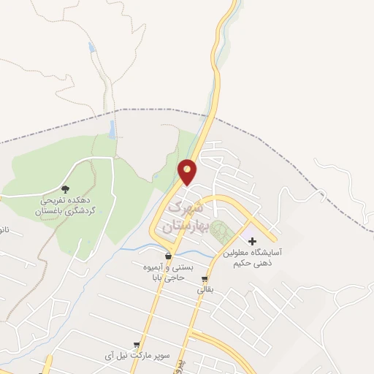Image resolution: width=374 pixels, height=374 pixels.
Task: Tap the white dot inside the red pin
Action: [188, 170]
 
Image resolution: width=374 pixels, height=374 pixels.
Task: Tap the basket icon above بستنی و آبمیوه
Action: [169, 256]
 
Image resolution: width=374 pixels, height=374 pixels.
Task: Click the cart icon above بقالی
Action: [205, 278]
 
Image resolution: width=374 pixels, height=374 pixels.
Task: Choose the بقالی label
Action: [205, 290]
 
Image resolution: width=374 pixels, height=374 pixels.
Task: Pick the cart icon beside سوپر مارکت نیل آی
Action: [137, 345]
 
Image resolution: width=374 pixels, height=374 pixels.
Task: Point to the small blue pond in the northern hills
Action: [91, 48]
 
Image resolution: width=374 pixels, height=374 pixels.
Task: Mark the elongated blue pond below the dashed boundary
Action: [112, 129]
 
